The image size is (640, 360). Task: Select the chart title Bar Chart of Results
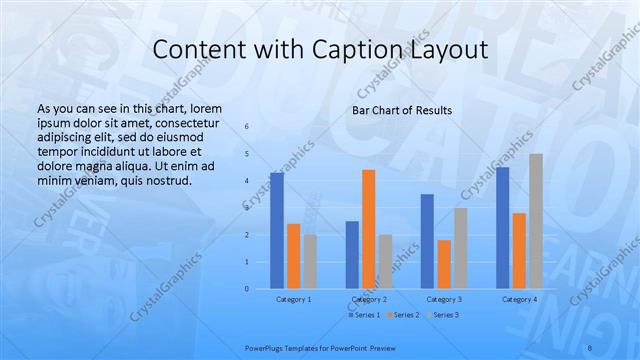[401, 110]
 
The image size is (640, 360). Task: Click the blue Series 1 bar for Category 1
[277, 231]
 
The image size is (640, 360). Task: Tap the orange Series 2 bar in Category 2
[369, 229]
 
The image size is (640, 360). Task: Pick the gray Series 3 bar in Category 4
[536, 221]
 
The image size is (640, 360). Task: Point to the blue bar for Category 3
[427, 241]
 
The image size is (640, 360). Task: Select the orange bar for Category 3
[444, 264]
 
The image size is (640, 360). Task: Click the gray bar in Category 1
[310, 262]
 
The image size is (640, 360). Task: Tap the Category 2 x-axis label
[369, 299]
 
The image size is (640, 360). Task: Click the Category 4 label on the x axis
[519, 299]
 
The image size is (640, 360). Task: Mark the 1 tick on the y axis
[247, 262]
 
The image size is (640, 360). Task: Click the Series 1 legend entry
[365, 315]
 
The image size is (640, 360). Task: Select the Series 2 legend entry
[402, 315]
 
